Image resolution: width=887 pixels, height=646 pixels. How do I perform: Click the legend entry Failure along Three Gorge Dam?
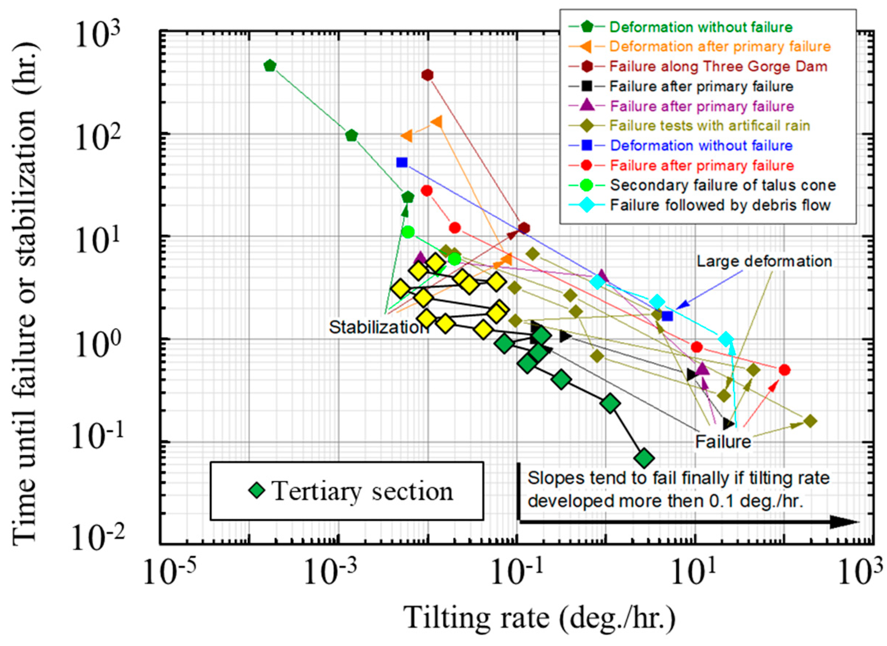pos(718,66)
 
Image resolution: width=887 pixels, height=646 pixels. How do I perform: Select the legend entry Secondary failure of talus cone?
pos(723,185)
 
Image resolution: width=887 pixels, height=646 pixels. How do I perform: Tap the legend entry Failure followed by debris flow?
pos(720,205)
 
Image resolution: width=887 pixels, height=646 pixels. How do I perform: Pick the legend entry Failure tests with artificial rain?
pos(709,125)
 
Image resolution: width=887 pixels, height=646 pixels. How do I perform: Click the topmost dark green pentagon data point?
pos(270,65)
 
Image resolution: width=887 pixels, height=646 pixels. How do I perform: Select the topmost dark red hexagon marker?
pos(428,75)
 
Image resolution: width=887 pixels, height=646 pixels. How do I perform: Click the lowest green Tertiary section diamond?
pos(644,458)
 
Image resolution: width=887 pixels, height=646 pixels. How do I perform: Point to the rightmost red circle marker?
pos(784,370)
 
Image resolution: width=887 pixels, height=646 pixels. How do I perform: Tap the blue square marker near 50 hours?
pos(402,162)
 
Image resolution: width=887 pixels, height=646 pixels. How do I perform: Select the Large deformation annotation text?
pos(764,261)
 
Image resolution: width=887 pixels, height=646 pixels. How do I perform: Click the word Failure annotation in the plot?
pos(723,442)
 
